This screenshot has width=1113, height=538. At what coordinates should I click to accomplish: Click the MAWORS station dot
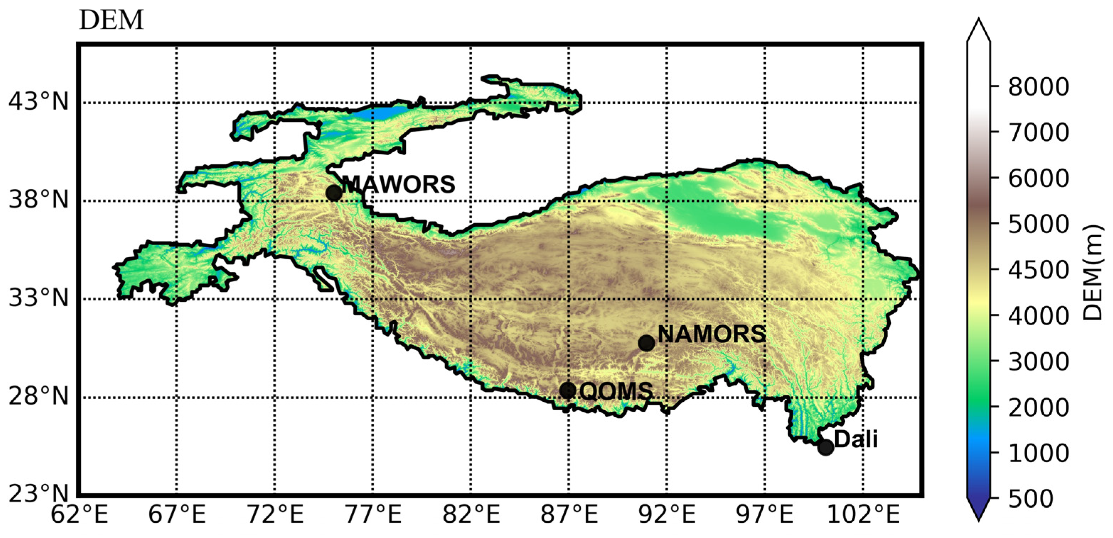point(334,192)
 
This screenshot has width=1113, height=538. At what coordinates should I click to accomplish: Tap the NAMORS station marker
point(646,343)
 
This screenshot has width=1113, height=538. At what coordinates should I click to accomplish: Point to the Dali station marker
point(825,447)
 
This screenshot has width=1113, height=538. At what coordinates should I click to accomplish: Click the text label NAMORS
point(711,334)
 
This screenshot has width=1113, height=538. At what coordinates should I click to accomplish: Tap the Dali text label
point(856,439)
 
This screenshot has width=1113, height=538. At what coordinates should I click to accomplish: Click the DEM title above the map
point(111,20)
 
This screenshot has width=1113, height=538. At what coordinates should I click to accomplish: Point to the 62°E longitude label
point(79,516)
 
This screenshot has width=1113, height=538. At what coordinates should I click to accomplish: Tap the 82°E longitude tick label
point(471,516)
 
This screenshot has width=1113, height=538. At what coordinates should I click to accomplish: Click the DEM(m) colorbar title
point(1093,273)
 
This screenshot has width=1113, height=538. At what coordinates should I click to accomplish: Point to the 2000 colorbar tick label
point(1039,407)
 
